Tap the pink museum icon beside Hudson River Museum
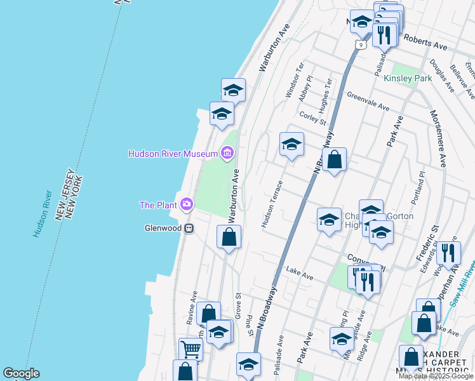[227, 153]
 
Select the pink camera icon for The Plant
[187, 204]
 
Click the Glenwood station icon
[189, 229]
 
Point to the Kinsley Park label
[408, 78]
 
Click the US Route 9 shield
[360, 45]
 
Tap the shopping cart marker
[191, 349]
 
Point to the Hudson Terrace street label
[271, 208]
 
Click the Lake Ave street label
[300, 274]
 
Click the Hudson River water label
[43, 214]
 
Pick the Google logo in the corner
[20, 373]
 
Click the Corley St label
[313, 117]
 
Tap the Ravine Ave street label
[192, 307]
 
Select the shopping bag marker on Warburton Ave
[229, 237]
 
